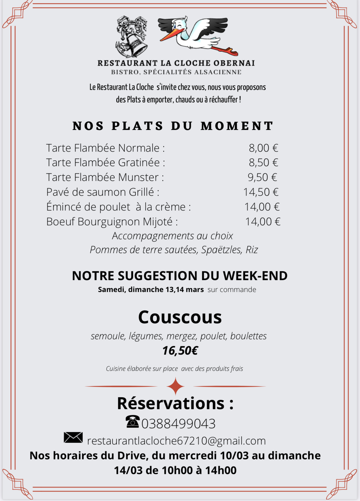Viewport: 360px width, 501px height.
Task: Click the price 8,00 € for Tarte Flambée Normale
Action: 263,148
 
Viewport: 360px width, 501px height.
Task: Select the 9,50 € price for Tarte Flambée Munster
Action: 262,177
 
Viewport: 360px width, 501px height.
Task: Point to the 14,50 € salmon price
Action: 261,192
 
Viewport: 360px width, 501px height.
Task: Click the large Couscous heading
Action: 180,317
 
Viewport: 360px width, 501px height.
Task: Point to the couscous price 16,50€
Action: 180,351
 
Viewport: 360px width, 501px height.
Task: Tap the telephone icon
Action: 132,422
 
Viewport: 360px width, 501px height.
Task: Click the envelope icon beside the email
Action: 73,438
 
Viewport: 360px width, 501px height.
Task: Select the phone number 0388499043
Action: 178,424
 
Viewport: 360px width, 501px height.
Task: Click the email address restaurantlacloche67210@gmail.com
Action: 176,441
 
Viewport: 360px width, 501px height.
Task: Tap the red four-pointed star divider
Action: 175,386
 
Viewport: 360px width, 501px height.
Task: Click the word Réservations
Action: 171,403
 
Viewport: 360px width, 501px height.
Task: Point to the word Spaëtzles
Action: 221,250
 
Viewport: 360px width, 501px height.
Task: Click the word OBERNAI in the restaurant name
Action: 234,63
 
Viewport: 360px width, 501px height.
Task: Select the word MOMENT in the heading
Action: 237,126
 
